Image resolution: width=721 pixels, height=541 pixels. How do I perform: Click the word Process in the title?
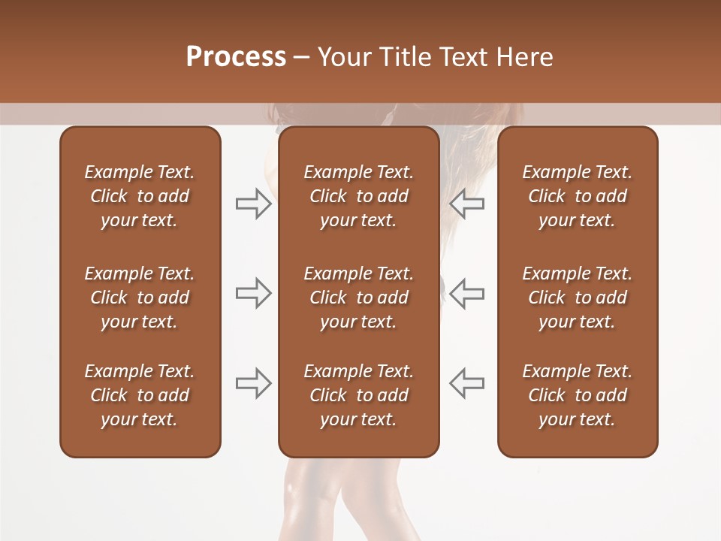(x=236, y=57)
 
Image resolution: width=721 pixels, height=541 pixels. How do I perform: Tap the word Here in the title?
(x=525, y=57)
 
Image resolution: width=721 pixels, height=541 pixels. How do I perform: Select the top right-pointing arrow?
(x=253, y=204)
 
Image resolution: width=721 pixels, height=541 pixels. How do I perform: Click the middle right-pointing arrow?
(x=253, y=293)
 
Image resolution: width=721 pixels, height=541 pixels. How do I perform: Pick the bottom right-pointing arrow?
(x=253, y=383)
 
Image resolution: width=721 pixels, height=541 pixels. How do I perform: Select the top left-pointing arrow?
(x=466, y=204)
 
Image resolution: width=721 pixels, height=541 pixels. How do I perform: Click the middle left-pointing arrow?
(x=466, y=293)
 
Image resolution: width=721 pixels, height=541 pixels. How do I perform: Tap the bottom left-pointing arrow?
(x=466, y=383)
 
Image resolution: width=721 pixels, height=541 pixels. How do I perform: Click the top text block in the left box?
(x=140, y=196)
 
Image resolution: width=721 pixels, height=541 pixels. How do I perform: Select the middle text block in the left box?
(x=140, y=298)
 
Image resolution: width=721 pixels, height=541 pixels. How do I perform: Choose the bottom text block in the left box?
(x=140, y=395)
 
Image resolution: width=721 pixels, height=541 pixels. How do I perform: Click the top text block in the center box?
(x=358, y=196)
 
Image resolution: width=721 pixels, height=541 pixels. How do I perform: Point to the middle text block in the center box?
(x=358, y=298)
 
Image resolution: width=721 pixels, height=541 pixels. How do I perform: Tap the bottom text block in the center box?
(x=358, y=395)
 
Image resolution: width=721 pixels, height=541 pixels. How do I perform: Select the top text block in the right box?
(x=577, y=196)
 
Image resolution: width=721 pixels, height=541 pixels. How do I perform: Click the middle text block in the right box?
(x=577, y=298)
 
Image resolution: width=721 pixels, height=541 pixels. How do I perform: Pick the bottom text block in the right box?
(x=577, y=395)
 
